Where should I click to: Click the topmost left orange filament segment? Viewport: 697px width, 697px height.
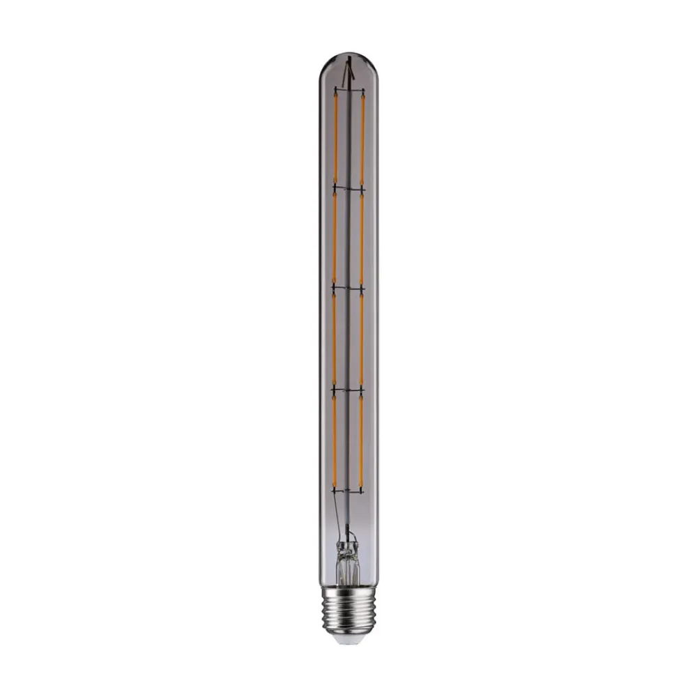(x=335, y=137)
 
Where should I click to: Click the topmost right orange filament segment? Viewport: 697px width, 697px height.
(x=362, y=137)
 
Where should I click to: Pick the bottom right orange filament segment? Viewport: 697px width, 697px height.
(x=360, y=441)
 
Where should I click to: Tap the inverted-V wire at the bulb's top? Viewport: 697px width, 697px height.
(x=349, y=70)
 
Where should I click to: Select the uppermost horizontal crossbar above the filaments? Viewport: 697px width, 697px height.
(x=348, y=89)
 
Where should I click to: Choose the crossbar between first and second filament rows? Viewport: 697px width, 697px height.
(x=348, y=188)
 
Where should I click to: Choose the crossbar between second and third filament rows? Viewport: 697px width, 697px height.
(x=348, y=288)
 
